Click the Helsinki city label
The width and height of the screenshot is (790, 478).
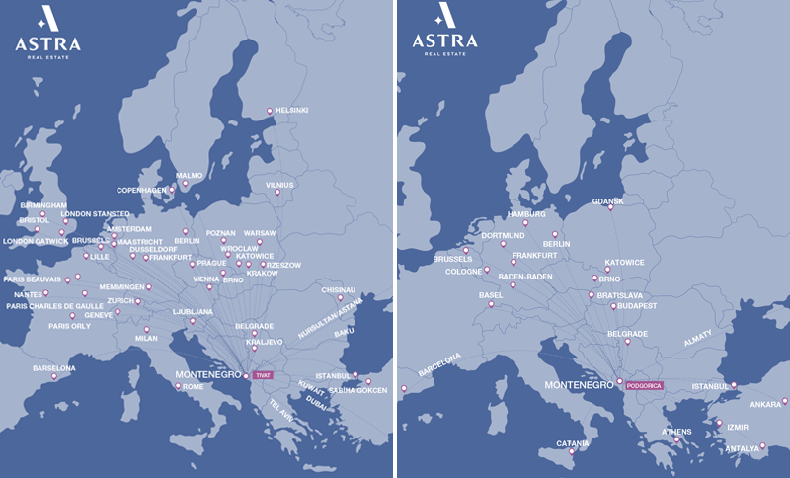(292, 110)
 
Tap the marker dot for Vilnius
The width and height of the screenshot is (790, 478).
(277, 193)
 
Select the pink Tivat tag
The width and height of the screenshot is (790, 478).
(263, 375)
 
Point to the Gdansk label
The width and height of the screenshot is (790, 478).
(608, 200)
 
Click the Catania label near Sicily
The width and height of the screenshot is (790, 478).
(573, 442)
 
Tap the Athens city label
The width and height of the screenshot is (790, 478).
(676, 431)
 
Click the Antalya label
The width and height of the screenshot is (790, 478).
(742, 447)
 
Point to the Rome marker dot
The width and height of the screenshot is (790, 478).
(178, 386)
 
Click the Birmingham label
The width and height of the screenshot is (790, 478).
(43, 205)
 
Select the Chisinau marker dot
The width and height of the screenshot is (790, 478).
(340, 297)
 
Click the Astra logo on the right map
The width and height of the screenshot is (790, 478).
(444, 29)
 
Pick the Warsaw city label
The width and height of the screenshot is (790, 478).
(260, 234)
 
